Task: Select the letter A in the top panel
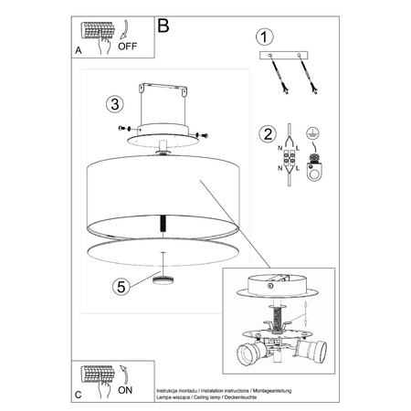79,52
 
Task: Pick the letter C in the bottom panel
79,394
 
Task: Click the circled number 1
264,37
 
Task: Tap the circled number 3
113,103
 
